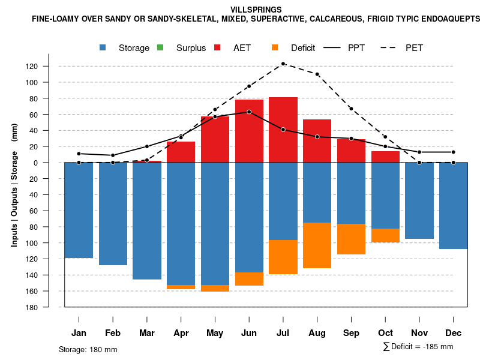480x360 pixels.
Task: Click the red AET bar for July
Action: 283,130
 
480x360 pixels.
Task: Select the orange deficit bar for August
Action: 317,245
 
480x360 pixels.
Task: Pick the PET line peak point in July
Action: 283,64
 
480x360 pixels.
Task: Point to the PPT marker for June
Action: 249,112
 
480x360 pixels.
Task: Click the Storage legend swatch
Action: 104,48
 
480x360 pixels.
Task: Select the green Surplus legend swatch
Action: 160,48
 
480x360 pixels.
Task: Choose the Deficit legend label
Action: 303,48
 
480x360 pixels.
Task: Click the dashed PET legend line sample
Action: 389,48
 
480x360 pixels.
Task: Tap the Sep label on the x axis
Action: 352,333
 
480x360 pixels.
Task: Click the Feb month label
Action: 113,333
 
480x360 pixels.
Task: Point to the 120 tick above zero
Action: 49,67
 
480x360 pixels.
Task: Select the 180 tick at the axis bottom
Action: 49,307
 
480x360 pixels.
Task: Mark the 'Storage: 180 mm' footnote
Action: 88,349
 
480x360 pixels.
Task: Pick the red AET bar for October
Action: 386,157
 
